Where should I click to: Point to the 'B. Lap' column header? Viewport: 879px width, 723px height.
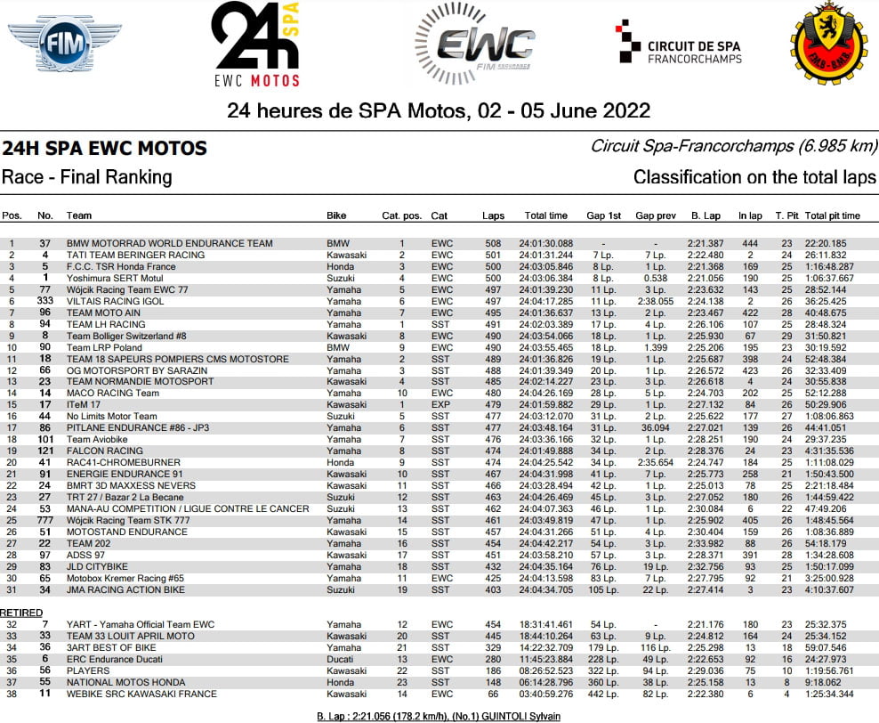705,215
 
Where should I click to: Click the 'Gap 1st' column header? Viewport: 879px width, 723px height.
603,215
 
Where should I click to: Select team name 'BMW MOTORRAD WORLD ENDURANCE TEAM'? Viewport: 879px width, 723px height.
169,243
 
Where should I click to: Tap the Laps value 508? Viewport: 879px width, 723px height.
492,243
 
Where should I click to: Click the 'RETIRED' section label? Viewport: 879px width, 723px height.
21,613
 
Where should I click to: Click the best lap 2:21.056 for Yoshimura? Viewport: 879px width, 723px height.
705,278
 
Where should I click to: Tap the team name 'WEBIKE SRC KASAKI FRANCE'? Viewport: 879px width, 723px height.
141,693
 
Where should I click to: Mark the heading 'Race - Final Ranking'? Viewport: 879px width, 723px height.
87,176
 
